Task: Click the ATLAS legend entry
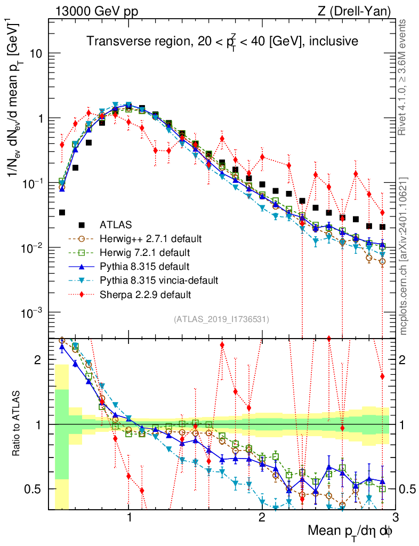tap(116, 224)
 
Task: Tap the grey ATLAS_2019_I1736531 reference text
tap(221, 319)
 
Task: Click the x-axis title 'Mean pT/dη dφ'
tap(350, 531)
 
